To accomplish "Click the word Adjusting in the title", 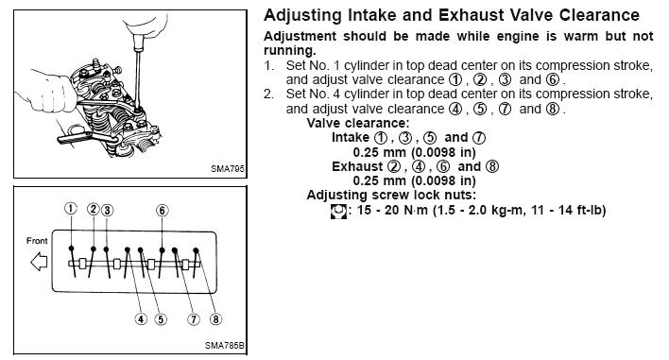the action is point(303,16).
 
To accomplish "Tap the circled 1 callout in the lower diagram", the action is point(71,208).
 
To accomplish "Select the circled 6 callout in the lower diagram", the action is point(163,211).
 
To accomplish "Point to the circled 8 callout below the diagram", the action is point(215,319).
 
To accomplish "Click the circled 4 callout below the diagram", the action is point(141,319).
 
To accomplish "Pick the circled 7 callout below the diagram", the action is point(194,319).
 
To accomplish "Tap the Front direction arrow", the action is point(39,262).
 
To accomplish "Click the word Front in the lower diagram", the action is point(37,241).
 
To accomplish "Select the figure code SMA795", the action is point(228,169).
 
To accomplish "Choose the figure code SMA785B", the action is point(225,346).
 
